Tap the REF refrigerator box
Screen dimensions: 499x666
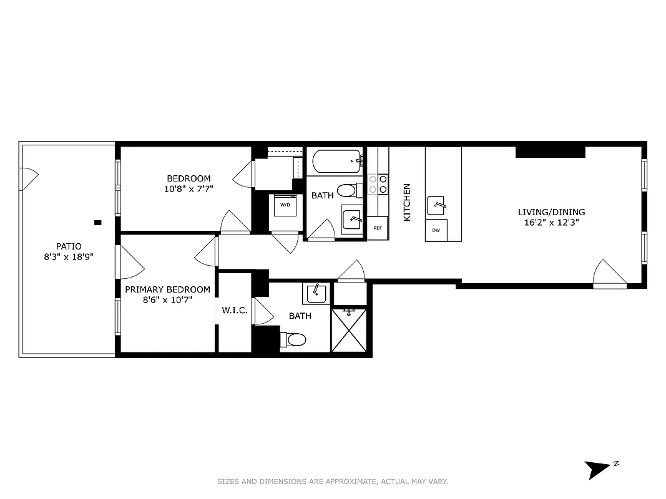(x=378, y=228)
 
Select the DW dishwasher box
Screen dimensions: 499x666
(x=436, y=230)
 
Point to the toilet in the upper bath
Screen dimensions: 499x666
(x=346, y=190)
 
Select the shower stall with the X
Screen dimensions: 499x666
(x=349, y=330)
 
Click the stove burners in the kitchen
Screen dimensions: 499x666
(x=378, y=184)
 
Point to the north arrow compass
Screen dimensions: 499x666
(x=598, y=468)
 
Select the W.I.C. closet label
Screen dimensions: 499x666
(x=235, y=310)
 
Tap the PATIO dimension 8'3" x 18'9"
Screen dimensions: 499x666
(x=69, y=256)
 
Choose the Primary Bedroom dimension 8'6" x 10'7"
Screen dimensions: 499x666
(x=167, y=299)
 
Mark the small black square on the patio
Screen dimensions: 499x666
(x=97, y=222)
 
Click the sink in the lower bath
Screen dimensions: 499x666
(x=316, y=293)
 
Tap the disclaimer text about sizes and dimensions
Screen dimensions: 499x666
(x=333, y=482)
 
